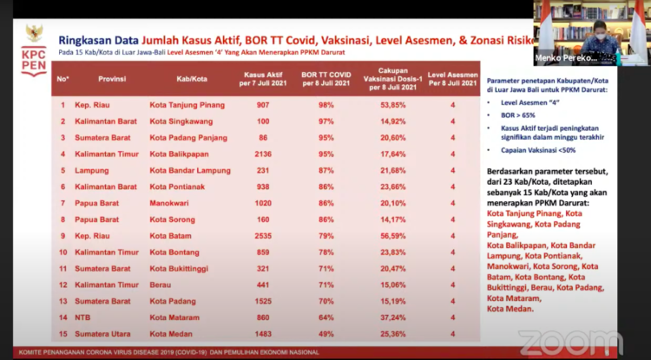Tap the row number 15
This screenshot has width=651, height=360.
point(62,332)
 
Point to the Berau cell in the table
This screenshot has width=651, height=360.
point(161,284)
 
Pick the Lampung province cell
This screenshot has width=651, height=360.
point(90,170)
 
